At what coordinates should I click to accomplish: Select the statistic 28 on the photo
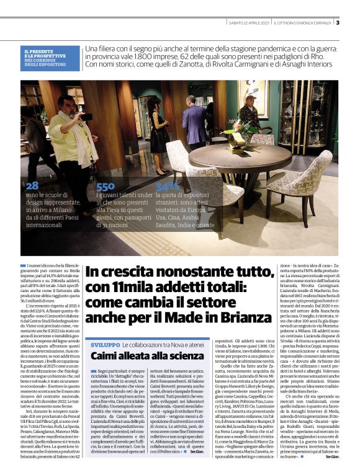tap(32, 185)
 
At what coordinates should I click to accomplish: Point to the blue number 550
tap(105, 186)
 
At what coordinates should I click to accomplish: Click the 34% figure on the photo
tap(167, 186)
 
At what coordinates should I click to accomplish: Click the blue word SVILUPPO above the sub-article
tap(105, 344)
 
